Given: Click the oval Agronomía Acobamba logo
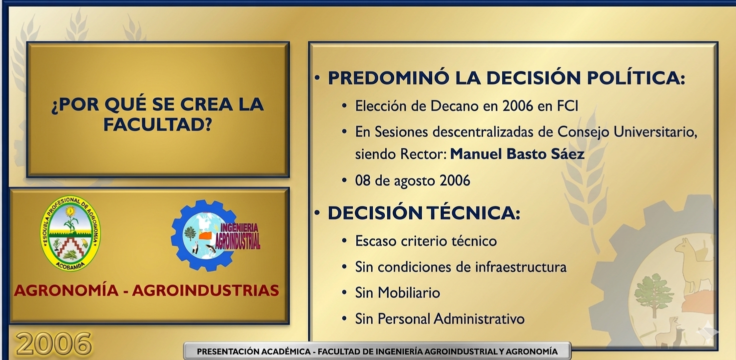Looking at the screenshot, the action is [70, 234].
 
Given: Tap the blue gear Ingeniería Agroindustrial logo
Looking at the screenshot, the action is [215, 235].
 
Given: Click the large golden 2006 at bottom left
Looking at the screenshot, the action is [53, 344].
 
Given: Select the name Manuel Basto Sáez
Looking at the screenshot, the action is [517, 154].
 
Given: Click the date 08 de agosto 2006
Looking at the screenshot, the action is [412, 181].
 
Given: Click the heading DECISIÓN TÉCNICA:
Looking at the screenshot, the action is [424, 212].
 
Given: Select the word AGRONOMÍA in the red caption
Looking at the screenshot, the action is [66, 290].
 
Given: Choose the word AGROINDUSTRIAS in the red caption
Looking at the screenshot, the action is [206, 290].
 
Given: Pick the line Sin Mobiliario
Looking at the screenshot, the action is [398, 292].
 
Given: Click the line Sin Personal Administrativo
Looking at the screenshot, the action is [440, 318].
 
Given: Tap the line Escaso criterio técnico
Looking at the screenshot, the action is [426, 241].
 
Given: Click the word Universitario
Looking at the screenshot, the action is [655, 132].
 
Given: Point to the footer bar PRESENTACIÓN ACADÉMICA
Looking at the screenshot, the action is [377, 351].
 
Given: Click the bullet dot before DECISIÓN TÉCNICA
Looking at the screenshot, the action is [317, 213].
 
